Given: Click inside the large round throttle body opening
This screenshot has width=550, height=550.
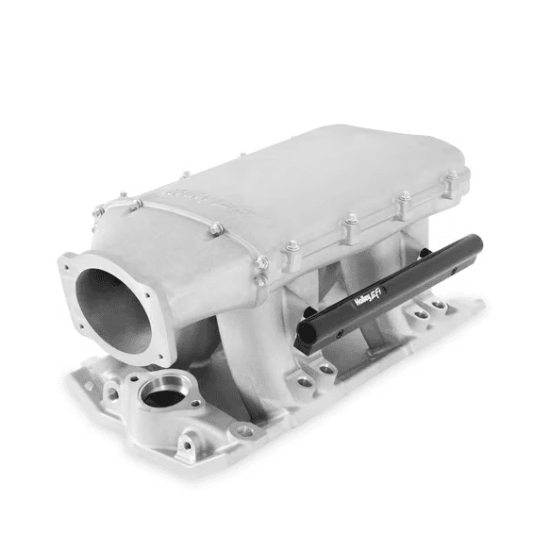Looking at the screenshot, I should (112, 308).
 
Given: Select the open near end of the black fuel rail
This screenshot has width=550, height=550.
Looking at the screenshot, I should (308, 336).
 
